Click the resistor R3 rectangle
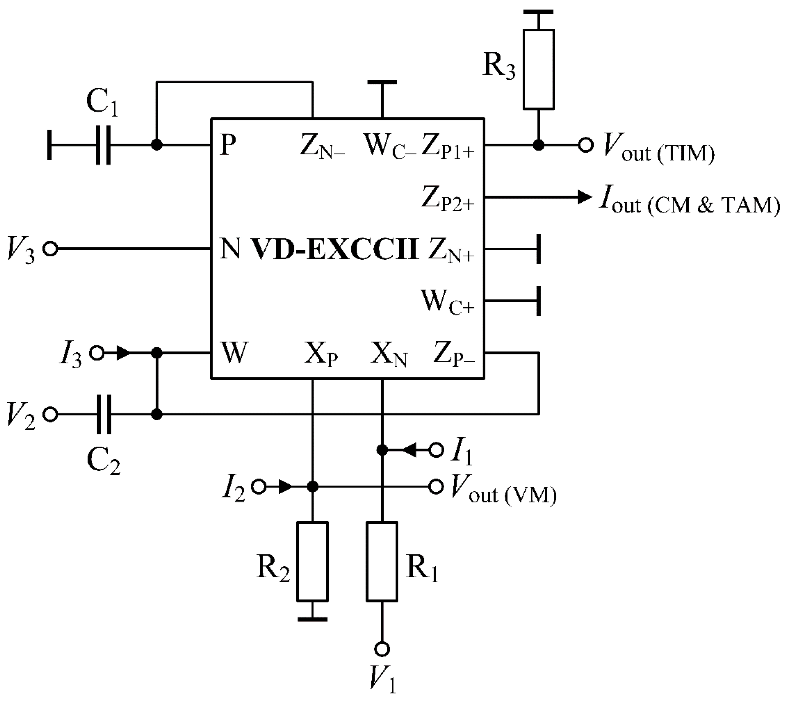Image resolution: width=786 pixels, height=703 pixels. pyautogui.click(x=538, y=70)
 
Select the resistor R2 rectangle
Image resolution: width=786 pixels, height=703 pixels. pyautogui.click(x=312, y=562)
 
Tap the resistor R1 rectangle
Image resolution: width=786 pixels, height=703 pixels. pyautogui.click(x=382, y=562)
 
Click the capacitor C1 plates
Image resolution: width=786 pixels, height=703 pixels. pyautogui.click(x=103, y=145)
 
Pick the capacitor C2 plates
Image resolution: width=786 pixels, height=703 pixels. pyautogui.click(x=104, y=415)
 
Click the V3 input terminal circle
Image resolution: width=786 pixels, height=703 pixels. pyautogui.click(x=50, y=249)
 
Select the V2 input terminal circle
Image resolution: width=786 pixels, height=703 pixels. pyautogui.click(x=50, y=415)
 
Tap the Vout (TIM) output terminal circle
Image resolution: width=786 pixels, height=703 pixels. pyautogui.click(x=585, y=145)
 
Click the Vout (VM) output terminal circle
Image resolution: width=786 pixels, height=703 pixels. pyautogui.click(x=436, y=487)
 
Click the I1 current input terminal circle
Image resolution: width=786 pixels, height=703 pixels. pyautogui.click(x=436, y=450)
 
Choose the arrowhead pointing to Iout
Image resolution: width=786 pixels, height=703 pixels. pyautogui.click(x=584, y=197)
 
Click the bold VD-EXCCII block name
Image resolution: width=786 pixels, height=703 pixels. pyautogui.click(x=335, y=249)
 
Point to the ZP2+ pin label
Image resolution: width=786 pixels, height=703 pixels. pyautogui.click(x=448, y=199)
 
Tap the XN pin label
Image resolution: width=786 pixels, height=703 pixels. pyautogui.click(x=388, y=355)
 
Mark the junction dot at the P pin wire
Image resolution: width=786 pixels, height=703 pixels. pyautogui.click(x=156, y=145)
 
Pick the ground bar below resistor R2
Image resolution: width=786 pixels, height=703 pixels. pyautogui.click(x=312, y=619)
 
